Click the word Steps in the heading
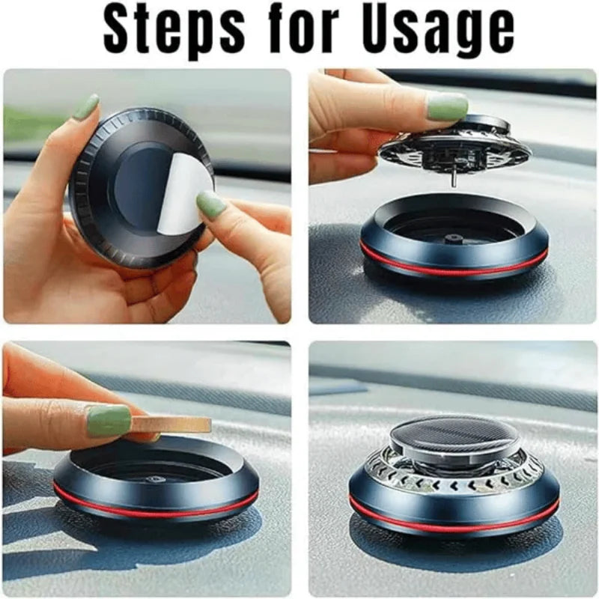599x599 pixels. [x=174, y=32]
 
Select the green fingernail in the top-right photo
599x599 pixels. [x=447, y=106]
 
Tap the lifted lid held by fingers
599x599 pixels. [x=449, y=146]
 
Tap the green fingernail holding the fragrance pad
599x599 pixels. [x=109, y=420]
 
